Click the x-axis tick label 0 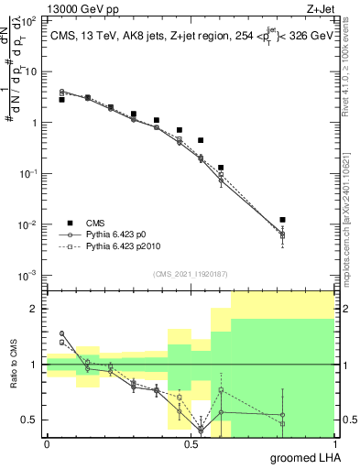coord(47,443)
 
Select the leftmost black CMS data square coord(61,99)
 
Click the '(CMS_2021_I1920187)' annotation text coord(190,273)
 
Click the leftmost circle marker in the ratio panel coord(61,333)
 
